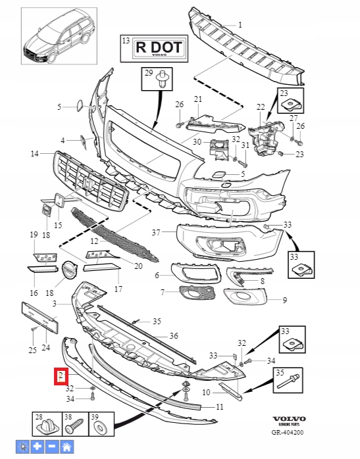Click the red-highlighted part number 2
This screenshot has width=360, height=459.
[x=61, y=376]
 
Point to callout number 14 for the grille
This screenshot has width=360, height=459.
[x=34, y=154]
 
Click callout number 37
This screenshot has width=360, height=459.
[x=155, y=231]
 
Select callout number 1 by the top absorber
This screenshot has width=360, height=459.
[x=240, y=25]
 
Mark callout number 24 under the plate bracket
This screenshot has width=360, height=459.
[x=45, y=348]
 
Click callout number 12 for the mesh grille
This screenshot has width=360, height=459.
[x=94, y=241]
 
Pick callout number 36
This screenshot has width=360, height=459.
[x=173, y=335]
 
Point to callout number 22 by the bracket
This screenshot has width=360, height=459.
[x=260, y=107]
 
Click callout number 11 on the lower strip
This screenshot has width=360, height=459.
[x=220, y=407]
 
